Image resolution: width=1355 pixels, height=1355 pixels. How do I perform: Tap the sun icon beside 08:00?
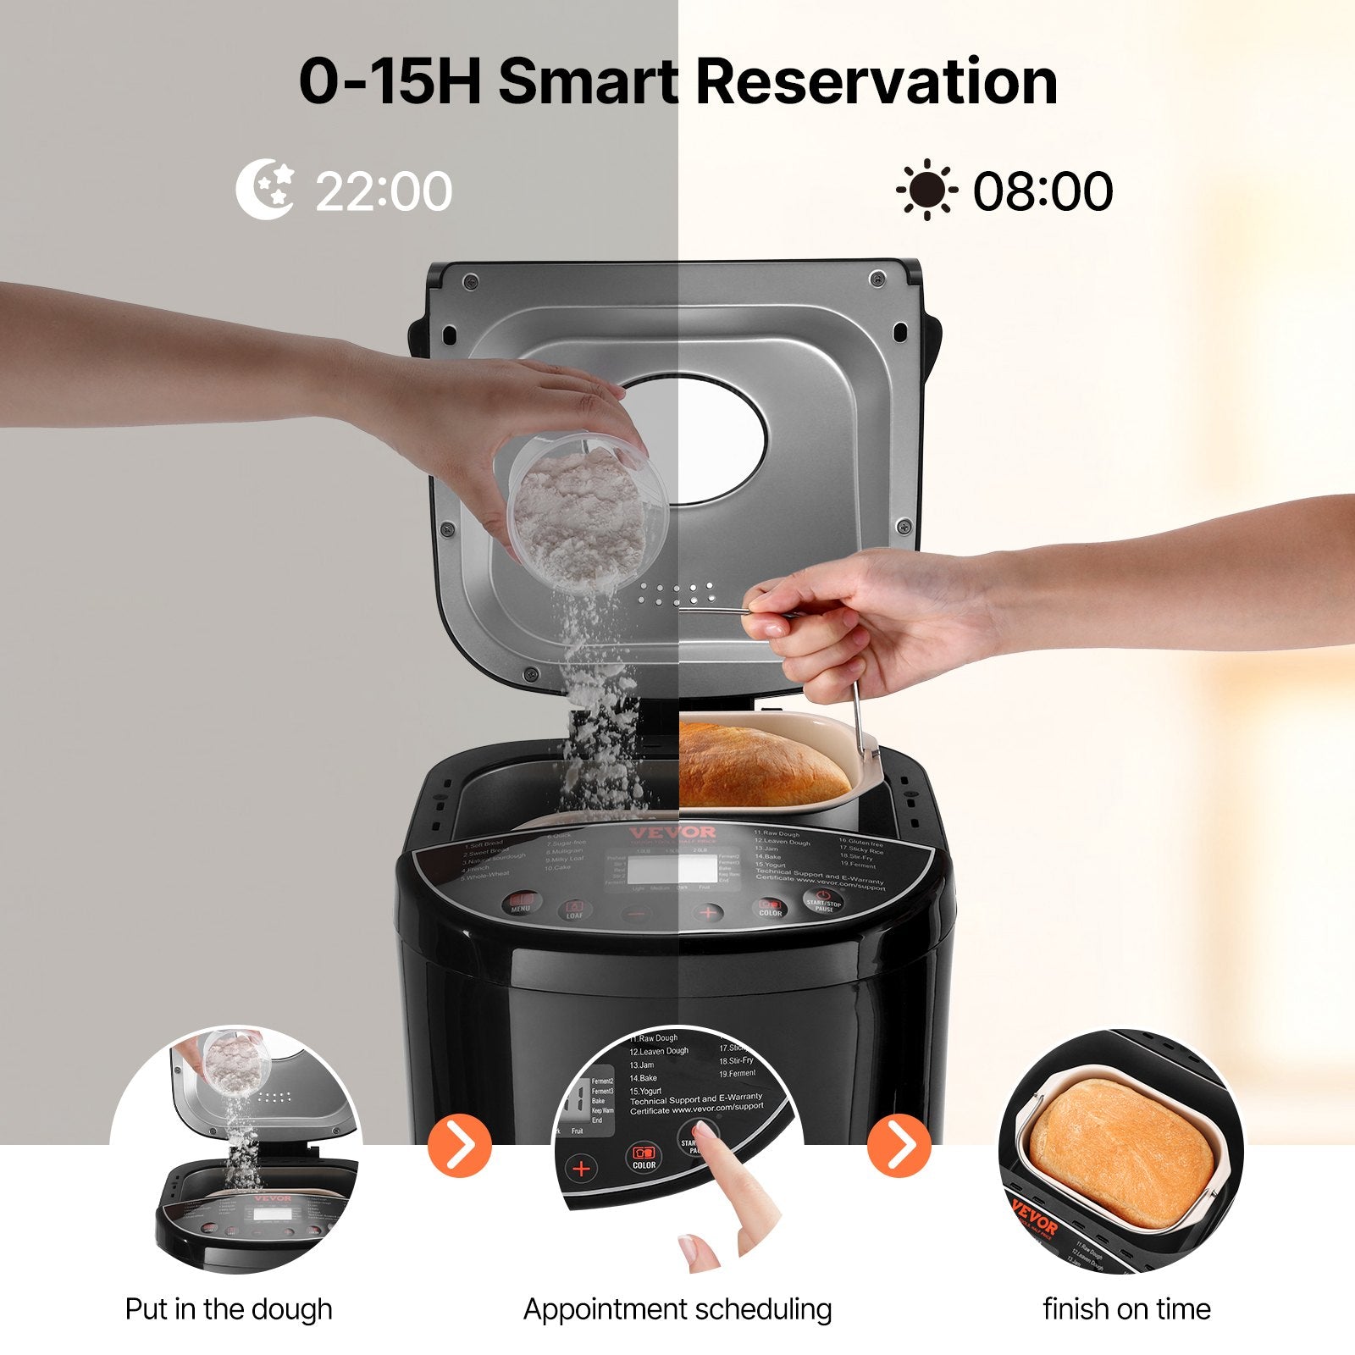[926, 190]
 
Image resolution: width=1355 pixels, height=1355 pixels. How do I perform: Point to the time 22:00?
[384, 191]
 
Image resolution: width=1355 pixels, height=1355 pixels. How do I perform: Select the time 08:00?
[1043, 191]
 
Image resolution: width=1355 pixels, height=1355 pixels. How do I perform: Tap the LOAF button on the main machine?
[575, 910]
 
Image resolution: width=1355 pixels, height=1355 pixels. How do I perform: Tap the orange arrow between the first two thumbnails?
[460, 1145]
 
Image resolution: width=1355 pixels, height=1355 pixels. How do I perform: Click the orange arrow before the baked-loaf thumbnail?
[899, 1145]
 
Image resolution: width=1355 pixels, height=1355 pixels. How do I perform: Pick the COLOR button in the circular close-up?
[644, 1157]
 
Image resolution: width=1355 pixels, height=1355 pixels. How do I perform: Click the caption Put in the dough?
[229, 1309]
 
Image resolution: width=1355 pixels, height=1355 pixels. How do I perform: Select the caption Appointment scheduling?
[677, 1309]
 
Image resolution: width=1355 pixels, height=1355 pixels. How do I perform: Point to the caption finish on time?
[1126, 1309]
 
